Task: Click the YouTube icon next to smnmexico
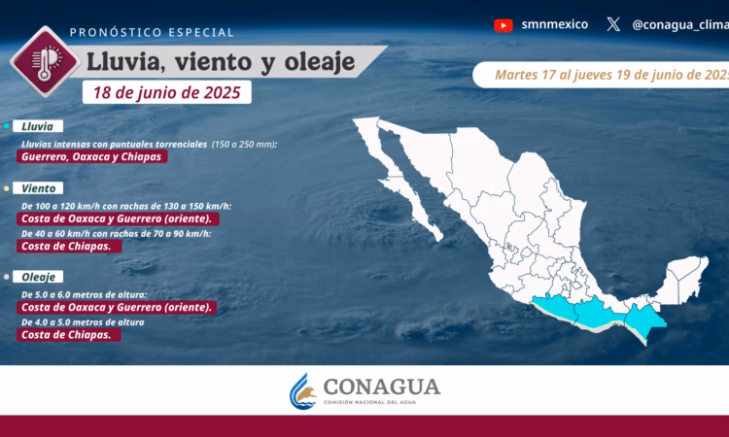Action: pos(503,25)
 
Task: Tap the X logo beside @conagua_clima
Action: pos(613,24)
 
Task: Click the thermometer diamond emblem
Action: pos(45,61)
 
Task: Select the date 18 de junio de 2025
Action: pos(167,92)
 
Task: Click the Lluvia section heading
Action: pos(38,126)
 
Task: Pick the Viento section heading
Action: pos(38,188)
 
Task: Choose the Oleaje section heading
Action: pos(38,277)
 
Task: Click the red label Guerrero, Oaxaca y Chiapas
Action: pos(91,156)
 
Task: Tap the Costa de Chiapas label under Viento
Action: pos(69,246)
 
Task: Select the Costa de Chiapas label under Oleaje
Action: pos(69,335)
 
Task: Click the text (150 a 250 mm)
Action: pos(245,145)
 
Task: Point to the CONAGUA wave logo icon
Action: pos(302,391)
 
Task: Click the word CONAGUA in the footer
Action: pos(382,387)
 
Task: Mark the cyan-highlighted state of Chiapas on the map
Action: pos(643,320)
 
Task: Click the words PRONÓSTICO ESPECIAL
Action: pos(152,32)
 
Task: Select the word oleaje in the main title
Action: pos(320,62)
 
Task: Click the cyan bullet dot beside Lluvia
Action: pos(7,126)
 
